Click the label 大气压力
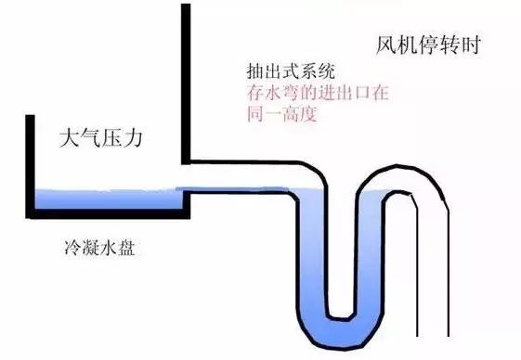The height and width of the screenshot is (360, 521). [103, 141]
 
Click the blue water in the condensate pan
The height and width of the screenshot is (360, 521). [102, 199]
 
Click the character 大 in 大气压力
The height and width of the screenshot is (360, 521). [68, 141]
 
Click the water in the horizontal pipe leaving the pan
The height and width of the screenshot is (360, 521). [241, 193]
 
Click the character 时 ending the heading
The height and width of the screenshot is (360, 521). [470, 45]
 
